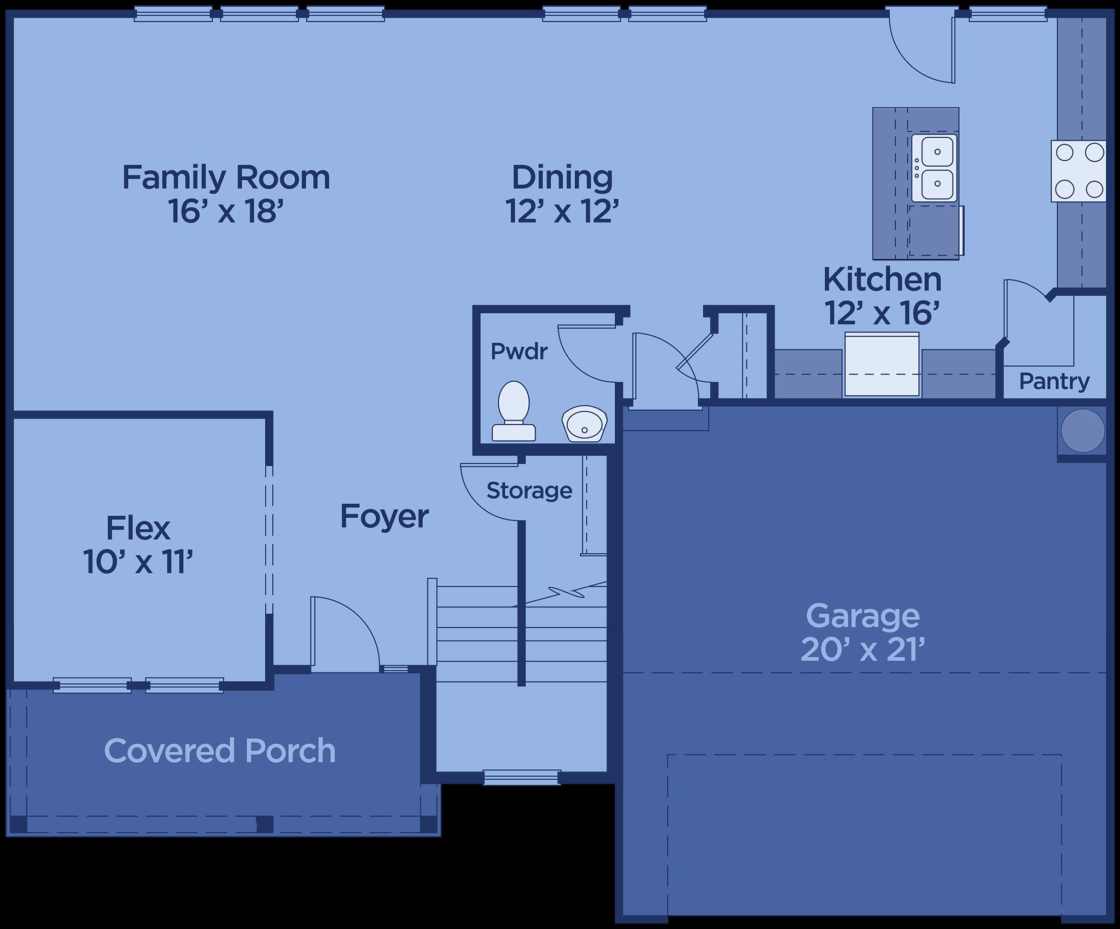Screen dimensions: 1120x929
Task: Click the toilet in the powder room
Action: tap(514, 411)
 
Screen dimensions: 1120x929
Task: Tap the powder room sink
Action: tap(584, 423)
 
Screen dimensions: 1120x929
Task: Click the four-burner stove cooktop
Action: tap(1078, 171)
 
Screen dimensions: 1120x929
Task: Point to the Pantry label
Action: tap(1054, 381)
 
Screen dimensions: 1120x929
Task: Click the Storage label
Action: tap(529, 490)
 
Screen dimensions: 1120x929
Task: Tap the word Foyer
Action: tap(384, 517)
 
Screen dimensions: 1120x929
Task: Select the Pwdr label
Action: tap(519, 352)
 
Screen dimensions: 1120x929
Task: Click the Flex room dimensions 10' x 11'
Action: tap(138, 562)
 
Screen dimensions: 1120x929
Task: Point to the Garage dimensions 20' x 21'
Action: tap(862, 650)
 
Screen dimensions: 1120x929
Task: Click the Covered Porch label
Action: tap(220, 751)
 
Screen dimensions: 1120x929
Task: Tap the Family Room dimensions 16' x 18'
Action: tap(226, 211)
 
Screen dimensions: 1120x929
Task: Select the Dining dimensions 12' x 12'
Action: tap(562, 211)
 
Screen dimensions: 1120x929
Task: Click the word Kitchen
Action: tap(883, 279)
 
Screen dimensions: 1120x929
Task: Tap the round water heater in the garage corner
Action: tap(1083, 430)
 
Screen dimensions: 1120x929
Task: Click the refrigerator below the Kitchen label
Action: tap(882, 364)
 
